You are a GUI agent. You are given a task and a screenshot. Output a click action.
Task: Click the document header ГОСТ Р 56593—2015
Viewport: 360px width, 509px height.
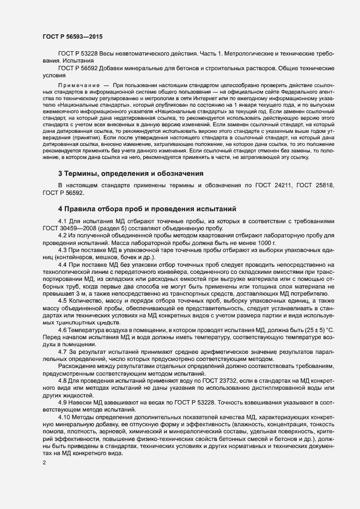[72, 36]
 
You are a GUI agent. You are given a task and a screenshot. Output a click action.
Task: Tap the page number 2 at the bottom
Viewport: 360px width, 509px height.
[44, 463]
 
